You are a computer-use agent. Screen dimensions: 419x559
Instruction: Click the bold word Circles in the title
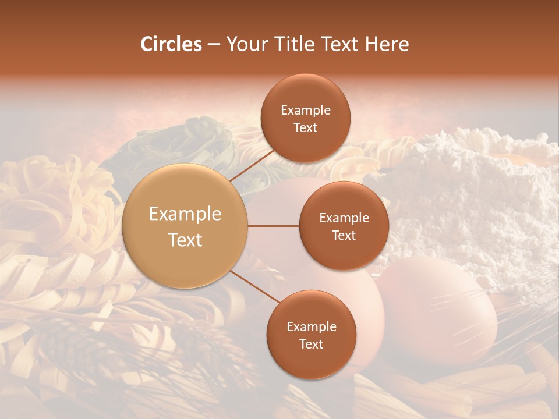(x=171, y=44)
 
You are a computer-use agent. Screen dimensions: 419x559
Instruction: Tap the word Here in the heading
(x=387, y=44)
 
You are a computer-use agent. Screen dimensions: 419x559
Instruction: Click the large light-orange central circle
(x=185, y=226)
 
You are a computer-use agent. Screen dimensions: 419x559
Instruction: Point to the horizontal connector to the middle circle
(x=273, y=226)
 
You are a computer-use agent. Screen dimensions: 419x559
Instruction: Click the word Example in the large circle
(x=185, y=214)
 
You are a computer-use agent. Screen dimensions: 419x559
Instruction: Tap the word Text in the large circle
(x=185, y=240)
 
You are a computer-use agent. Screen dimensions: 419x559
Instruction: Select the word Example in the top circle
(x=306, y=111)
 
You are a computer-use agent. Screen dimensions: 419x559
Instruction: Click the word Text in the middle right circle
(x=344, y=236)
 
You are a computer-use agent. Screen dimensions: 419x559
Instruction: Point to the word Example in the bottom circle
(x=312, y=327)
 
